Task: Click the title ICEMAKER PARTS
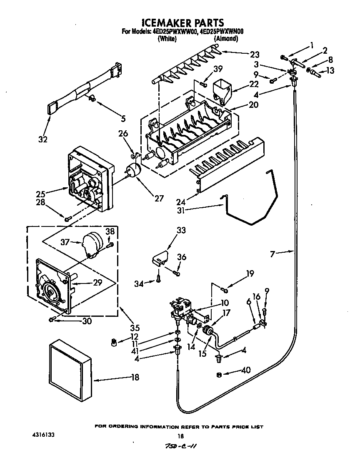click(x=182, y=22)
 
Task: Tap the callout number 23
click(x=254, y=54)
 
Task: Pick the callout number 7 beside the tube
click(x=272, y=254)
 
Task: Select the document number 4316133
click(x=43, y=434)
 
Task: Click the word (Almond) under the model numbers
click(x=226, y=39)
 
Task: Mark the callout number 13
click(x=330, y=71)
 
